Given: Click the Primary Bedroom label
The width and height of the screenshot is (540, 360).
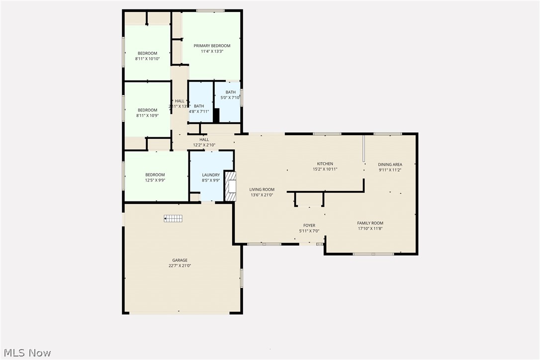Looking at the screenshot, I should click(212, 46).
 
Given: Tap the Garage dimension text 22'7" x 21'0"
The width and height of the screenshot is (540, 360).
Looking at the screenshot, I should click(180, 266).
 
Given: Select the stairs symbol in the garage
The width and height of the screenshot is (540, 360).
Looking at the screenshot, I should click(174, 218).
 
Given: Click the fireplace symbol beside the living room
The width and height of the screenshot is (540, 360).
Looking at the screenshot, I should click(230, 186).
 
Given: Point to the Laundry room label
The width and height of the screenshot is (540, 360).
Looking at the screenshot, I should click(211, 175).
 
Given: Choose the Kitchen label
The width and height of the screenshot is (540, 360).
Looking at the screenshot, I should click(325, 164).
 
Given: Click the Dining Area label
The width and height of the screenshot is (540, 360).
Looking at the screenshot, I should click(390, 165).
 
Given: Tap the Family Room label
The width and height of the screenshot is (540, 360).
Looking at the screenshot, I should click(370, 223).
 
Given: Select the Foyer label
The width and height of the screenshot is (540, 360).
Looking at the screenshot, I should click(309, 226).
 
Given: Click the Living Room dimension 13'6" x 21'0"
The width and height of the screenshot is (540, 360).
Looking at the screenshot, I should click(262, 195).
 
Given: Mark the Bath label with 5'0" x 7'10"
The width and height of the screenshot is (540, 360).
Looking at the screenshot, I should click(231, 92).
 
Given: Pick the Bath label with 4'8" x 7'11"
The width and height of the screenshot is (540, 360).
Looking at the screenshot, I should click(199, 106).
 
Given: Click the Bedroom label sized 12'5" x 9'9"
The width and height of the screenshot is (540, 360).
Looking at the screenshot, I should click(155, 175).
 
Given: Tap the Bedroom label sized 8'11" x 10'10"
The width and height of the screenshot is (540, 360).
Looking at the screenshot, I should click(147, 53).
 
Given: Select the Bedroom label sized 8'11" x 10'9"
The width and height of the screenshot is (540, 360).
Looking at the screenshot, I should click(147, 110).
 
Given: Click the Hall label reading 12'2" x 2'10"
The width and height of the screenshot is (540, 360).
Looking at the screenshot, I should click(204, 140).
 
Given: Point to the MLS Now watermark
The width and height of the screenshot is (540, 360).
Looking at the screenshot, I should click(26, 353).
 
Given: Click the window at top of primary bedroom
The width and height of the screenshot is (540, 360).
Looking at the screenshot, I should click(210, 10).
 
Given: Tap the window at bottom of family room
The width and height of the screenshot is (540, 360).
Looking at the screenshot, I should click(373, 254).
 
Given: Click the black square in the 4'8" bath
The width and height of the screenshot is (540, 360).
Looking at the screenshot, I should click(216, 115).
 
